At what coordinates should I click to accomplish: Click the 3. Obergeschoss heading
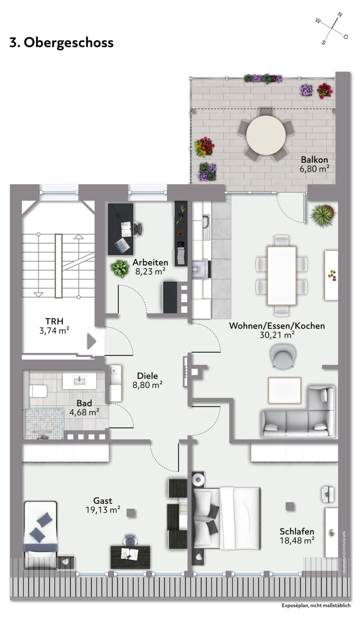pos(62,42)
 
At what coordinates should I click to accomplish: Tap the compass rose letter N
pos(340,15)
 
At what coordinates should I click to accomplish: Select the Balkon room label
pos(314,160)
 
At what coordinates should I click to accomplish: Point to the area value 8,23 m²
pos(150,271)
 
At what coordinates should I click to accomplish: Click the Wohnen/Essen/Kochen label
pos(277,326)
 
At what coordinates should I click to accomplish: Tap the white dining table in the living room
pos(282,275)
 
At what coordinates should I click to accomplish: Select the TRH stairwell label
pos(54,321)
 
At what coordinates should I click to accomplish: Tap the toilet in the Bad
pos(38,391)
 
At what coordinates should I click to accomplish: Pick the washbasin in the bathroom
pos(79,380)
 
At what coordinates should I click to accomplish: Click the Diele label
pos(148,376)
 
